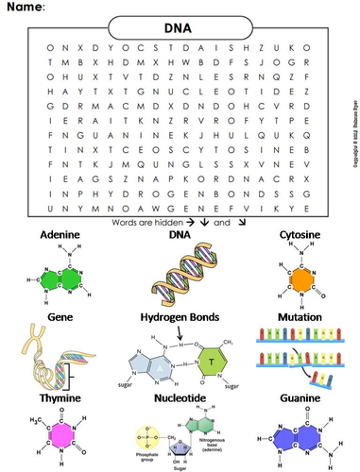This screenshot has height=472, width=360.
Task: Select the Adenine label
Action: point(60,233)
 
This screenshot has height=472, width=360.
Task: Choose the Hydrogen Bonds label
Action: point(180,317)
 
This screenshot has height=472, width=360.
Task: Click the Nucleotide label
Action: point(180,399)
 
